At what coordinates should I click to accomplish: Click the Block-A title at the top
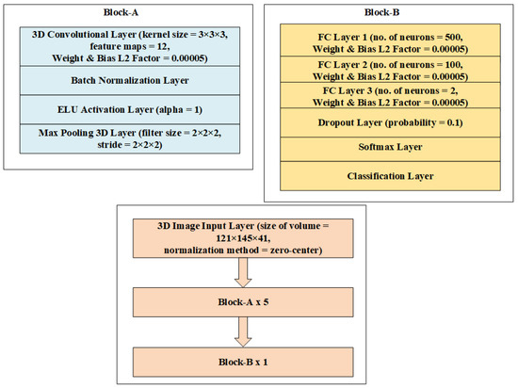point(121,12)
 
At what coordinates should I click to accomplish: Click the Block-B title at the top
point(381,12)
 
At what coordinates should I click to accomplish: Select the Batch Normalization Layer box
point(130,81)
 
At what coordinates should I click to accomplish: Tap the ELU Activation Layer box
point(130,109)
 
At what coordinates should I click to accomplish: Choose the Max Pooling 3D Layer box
point(130,138)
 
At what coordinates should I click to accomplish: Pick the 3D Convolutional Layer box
point(130,46)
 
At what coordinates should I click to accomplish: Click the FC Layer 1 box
point(390,40)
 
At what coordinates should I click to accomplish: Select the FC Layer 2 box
point(390,70)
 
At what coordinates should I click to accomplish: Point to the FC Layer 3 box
point(390,95)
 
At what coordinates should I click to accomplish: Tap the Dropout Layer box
point(390,122)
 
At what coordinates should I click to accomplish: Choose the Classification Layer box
point(390,176)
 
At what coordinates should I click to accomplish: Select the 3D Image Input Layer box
point(243,238)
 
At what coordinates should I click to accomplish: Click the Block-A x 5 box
point(243,302)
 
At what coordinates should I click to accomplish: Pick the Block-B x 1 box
point(243,362)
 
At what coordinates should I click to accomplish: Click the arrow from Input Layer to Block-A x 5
point(243,272)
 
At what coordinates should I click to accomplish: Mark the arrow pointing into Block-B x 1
point(243,331)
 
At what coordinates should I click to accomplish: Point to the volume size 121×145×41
point(243,238)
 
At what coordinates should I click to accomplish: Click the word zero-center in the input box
point(295,250)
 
